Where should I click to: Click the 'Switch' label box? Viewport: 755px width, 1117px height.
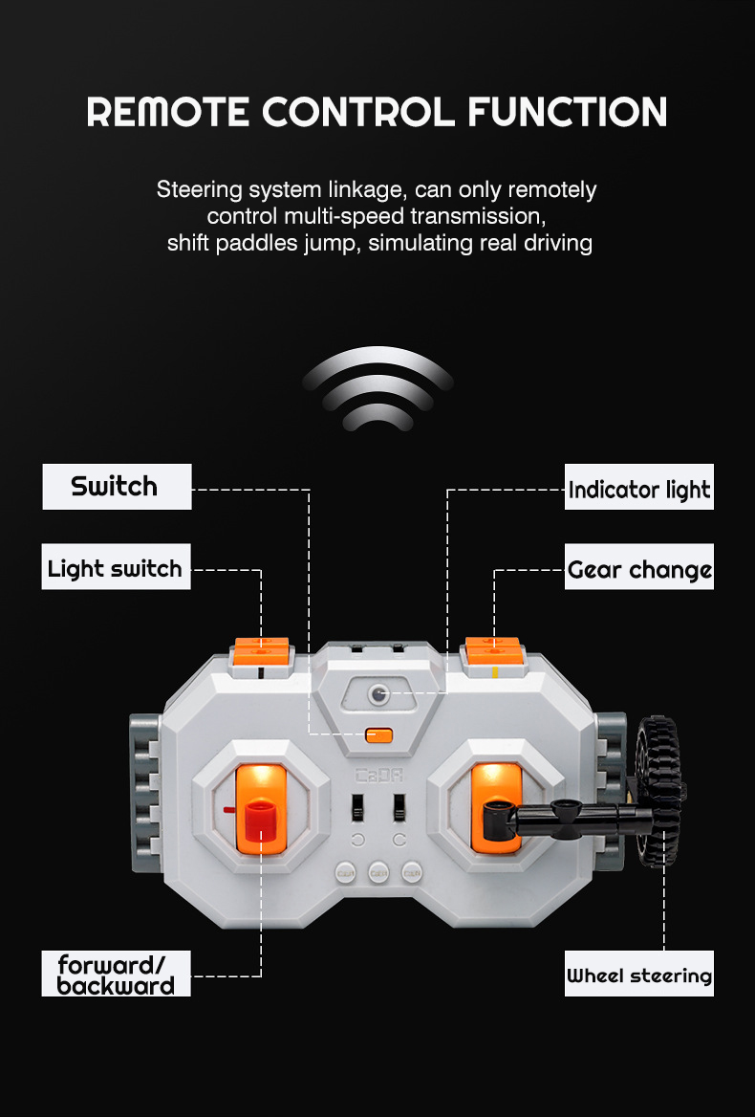click(117, 487)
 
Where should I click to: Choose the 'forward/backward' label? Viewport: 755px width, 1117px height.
click(116, 974)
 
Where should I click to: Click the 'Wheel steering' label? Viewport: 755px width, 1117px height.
click(639, 974)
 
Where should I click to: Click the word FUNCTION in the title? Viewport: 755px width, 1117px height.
click(567, 112)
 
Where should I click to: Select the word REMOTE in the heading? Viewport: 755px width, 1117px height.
click(168, 112)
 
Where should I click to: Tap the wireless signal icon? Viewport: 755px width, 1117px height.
click(377, 388)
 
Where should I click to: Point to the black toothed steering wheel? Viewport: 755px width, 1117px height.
click(658, 791)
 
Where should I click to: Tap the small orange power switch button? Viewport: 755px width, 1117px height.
click(378, 735)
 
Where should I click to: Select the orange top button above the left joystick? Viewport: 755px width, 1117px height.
click(262, 652)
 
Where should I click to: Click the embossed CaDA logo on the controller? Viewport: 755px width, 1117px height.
click(378, 775)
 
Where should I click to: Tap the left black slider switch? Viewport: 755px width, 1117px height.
click(358, 808)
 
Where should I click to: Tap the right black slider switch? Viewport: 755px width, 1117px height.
click(399, 808)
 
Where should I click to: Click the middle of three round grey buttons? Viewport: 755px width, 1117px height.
click(378, 872)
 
